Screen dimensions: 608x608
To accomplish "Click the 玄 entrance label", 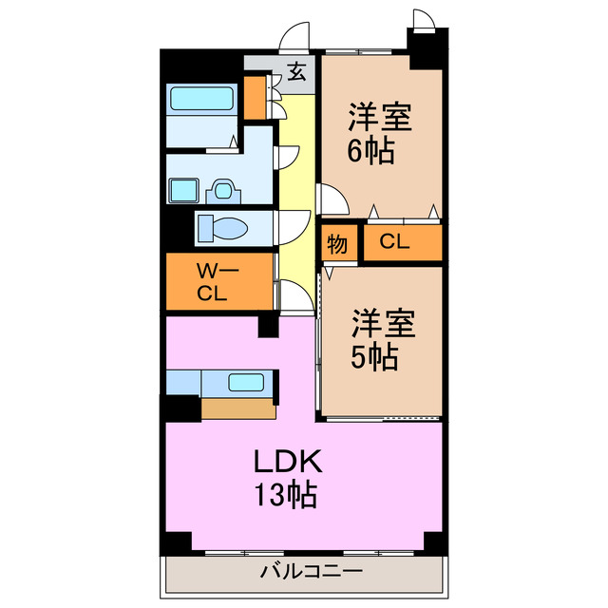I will pyautogui.click(x=297, y=71).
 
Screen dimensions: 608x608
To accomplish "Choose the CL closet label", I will pyautogui.click(x=394, y=242).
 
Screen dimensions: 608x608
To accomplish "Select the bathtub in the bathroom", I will pyautogui.click(x=202, y=100).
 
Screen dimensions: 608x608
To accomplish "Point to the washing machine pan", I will pyautogui.click(x=183, y=192).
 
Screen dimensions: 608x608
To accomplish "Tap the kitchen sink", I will pyautogui.click(x=246, y=383).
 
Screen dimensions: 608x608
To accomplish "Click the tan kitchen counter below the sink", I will pyautogui.click(x=237, y=408).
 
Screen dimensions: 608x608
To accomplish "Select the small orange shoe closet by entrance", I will pyautogui.click(x=255, y=98).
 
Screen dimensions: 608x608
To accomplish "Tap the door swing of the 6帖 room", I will pyautogui.click(x=330, y=199).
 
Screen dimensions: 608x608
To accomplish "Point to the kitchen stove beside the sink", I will pyautogui.click(x=183, y=383).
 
